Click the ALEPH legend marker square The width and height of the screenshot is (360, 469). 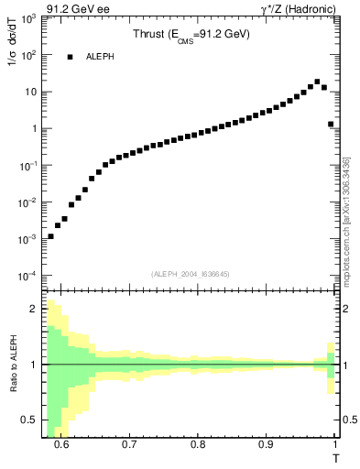click(70, 57)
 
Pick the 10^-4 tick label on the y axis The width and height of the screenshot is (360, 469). click(29, 276)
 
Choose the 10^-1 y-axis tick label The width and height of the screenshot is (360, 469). click(29, 166)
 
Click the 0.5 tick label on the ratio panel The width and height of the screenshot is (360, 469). click(32, 420)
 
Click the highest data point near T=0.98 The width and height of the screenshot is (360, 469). click(317, 82)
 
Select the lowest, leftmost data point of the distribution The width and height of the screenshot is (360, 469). click(50, 236)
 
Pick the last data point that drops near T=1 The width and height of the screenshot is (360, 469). click(331, 124)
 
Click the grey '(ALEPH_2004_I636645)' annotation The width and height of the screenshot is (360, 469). click(190, 273)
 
